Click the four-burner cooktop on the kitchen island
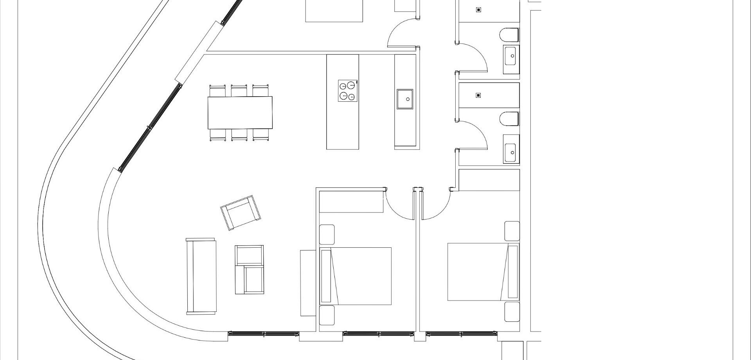[x=348, y=90]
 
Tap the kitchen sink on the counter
[x=405, y=99]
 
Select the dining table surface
[x=240, y=113]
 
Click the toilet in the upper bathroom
[x=509, y=35]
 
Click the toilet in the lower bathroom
[x=509, y=119]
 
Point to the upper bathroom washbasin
[x=511, y=56]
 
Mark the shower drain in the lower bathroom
[x=478, y=95]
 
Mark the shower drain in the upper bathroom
[x=478, y=10]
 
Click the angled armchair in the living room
[x=241, y=213]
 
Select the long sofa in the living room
[x=201, y=276]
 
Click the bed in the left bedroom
[x=356, y=276]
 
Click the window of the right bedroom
[x=462, y=334]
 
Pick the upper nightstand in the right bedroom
[x=512, y=231]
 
